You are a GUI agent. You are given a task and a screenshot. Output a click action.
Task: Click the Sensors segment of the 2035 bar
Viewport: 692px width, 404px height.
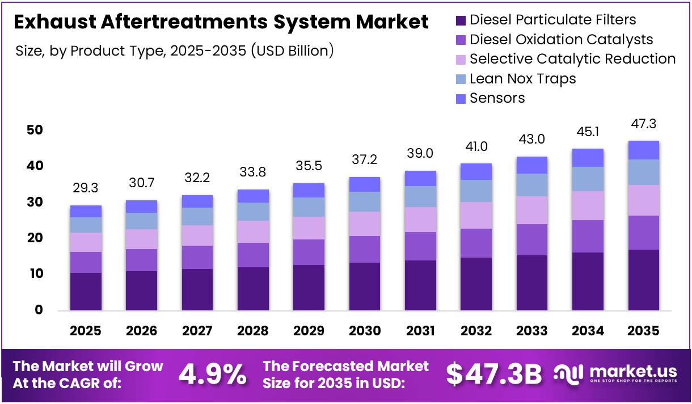(x=643, y=150)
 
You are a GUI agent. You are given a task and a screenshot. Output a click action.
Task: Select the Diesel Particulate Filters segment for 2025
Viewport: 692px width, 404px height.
(x=86, y=291)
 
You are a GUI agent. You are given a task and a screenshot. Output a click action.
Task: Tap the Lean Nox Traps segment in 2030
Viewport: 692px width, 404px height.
(x=364, y=202)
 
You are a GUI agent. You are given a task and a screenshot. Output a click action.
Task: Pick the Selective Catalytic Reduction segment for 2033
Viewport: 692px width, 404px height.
(x=532, y=211)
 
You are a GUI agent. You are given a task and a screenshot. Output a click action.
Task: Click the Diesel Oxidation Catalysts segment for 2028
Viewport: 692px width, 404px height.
(x=253, y=255)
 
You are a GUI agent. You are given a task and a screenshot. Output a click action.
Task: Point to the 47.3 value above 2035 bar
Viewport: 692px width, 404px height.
(x=643, y=124)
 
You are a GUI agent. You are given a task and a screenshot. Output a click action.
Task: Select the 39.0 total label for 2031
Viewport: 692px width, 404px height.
(x=420, y=154)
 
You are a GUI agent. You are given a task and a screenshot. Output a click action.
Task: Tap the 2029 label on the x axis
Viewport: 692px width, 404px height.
(x=309, y=331)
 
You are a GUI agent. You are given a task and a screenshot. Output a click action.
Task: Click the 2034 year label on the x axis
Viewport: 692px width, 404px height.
(x=588, y=331)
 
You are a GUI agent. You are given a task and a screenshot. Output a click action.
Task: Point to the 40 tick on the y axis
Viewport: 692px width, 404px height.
(x=35, y=166)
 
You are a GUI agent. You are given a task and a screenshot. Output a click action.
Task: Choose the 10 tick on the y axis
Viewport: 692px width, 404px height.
(x=35, y=274)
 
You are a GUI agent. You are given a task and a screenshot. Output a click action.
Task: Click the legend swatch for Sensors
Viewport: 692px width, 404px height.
(x=461, y=99)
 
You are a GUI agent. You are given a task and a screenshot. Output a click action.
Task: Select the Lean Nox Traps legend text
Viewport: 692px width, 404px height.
(x=522, y=79)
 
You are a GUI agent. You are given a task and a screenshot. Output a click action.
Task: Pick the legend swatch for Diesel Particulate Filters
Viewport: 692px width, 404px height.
(x=461, y=21)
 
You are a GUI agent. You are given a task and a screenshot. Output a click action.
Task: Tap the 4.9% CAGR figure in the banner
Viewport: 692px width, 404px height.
(x=213, y=374)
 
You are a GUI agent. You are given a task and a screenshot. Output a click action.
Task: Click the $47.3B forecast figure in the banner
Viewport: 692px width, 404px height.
(x=493, y=374)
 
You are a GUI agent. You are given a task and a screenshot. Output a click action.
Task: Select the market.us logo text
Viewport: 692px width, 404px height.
(x=633, y=372)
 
